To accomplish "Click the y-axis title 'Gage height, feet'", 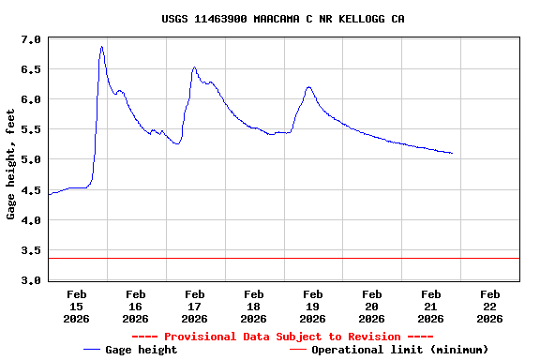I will point(11,160).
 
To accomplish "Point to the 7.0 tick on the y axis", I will point(31,39).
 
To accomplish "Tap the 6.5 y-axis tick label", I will point(31,69).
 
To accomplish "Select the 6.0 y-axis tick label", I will point(31,99).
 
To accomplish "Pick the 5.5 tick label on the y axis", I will point(31,129).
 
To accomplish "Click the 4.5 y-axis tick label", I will point(31,190).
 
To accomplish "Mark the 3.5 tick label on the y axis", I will point(31,250).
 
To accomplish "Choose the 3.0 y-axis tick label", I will point(31,280).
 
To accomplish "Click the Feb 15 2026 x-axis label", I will point(76,307).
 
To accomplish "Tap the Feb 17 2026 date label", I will point(194,307).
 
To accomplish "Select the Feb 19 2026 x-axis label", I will point(312,307).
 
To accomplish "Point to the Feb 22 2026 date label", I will point(489,307).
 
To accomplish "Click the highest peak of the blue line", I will point(101,47).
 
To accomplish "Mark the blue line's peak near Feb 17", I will point(194,67).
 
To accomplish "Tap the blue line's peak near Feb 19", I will point(308,87).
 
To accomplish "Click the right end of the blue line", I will point(452,153).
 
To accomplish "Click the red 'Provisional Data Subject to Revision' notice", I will point(282,337).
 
